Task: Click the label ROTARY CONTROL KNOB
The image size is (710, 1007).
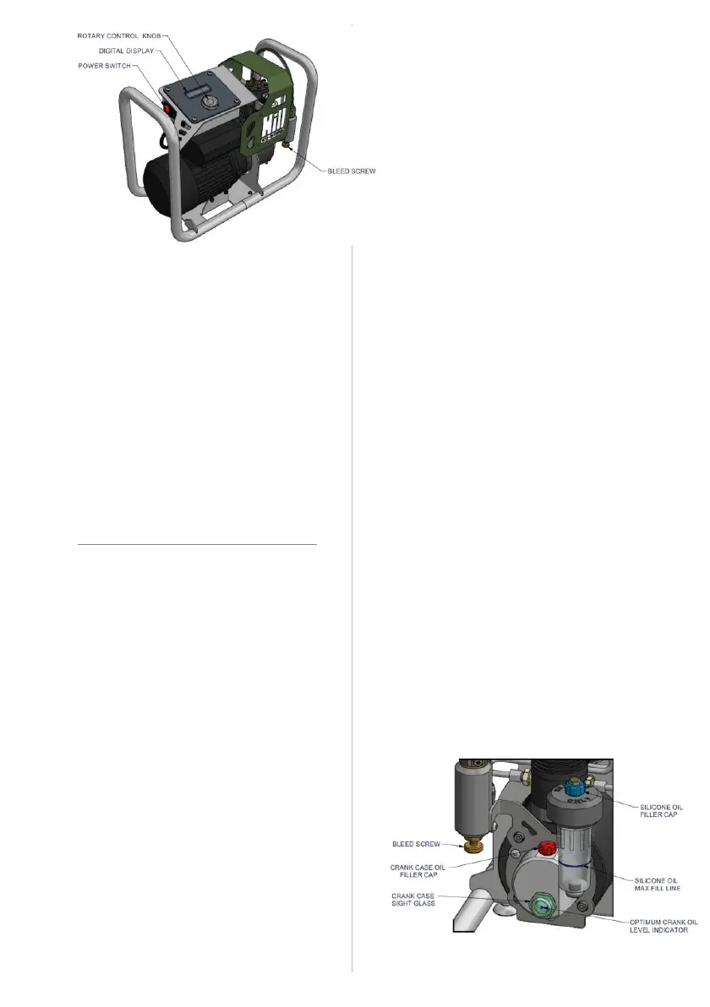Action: (121, 36)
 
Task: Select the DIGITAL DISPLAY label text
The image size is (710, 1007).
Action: (125, 51)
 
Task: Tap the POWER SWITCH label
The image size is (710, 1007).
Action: (104, 65)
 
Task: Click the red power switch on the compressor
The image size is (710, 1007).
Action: (167, 110)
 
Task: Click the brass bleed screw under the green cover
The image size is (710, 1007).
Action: (288, 146)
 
